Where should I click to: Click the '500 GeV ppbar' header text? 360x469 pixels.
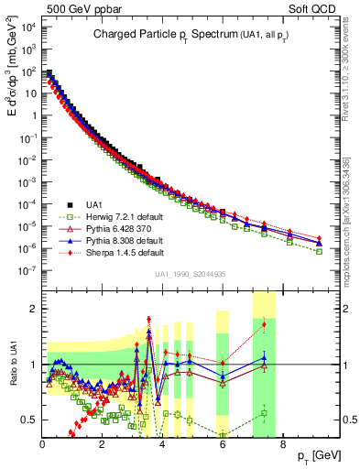71,8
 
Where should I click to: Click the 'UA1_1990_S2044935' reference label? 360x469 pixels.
193,275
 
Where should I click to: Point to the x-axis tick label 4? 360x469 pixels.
162,445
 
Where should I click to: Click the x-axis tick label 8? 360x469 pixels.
282,445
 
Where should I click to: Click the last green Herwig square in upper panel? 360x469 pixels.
319,251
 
